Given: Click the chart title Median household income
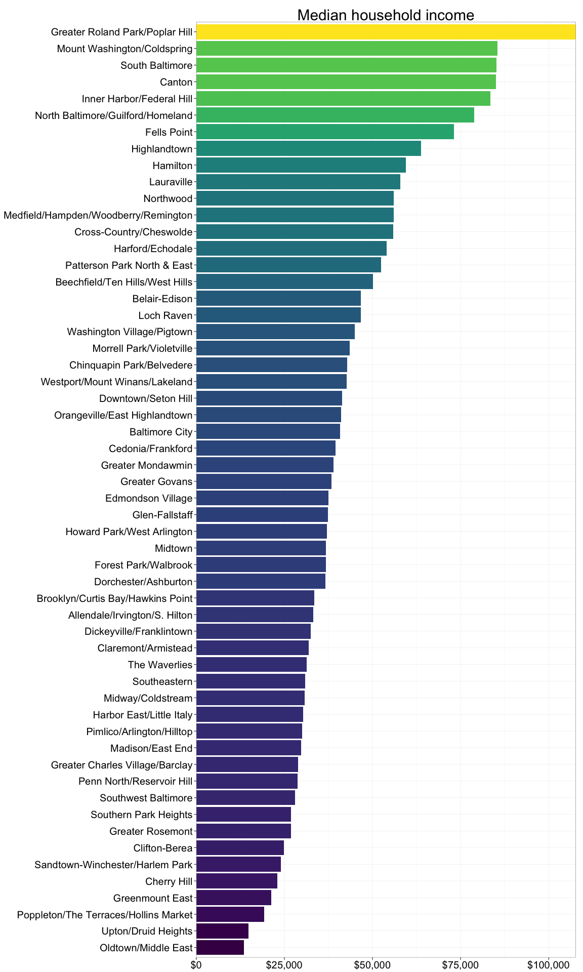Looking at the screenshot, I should [x=385, y=15].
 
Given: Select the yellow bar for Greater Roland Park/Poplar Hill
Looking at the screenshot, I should [x=386, y=32].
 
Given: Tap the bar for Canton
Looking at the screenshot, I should [x=346, y=82].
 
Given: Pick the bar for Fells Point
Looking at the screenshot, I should [x=324, y=132].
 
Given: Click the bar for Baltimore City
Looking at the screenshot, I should [x=268, y=432].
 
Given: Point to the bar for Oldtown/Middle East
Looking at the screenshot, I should [x=220, y=948].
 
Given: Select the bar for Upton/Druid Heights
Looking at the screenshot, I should [x=222, y=931].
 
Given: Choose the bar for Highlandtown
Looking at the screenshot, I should [x=308, y=149].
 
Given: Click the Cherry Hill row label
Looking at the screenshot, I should [x=169, y=881].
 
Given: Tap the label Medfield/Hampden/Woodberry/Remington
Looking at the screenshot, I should [x=98, y=216].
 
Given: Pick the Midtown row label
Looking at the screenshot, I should [x=174, y=548].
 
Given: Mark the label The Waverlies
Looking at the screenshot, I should [x=160, y=665].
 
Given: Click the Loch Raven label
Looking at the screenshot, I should [x=165, y=315].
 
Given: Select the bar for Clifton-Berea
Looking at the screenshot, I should [x=240, y=848].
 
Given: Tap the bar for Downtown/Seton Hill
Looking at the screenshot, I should [x=269, y=398].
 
